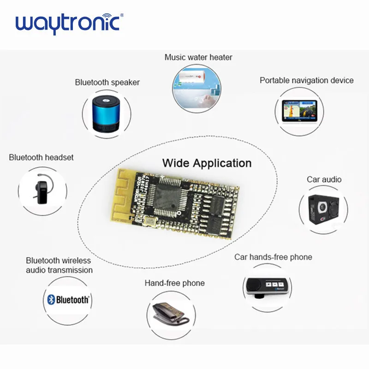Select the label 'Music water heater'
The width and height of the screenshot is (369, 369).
click(x=198, y=58)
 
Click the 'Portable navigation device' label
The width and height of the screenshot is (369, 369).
click(x=306, y=80)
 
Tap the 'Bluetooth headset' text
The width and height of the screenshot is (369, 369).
click(x=41, y=157)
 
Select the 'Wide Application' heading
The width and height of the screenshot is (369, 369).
click(x=207, y=163)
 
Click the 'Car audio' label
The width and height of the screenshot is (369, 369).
click(x=324, y=179)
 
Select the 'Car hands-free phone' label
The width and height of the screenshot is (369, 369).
click(x=273, y=257)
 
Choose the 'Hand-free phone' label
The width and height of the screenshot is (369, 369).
click(x=174, y=283)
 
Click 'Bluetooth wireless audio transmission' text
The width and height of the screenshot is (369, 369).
click(x=59, y=265)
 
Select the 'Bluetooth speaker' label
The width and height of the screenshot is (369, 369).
click(x=107, y=83)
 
